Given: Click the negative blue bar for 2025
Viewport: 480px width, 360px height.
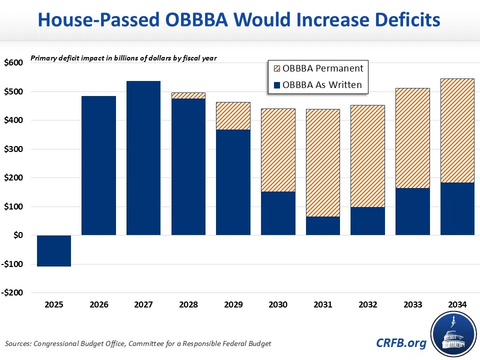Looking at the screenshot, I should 54,250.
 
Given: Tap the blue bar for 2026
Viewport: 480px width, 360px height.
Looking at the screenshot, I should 98,165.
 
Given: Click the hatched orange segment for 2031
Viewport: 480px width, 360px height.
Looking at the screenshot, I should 323,162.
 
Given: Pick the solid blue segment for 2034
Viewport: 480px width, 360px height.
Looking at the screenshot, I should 457,208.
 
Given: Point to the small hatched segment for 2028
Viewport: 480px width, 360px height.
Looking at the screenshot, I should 188,95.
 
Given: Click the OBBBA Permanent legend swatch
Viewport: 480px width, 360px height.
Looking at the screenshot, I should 275,68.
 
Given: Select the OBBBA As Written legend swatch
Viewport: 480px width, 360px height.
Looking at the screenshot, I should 275,84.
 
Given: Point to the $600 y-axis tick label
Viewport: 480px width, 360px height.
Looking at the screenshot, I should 13,63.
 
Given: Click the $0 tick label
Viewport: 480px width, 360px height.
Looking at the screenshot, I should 16,235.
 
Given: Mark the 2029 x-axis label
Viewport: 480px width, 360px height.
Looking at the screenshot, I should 233,304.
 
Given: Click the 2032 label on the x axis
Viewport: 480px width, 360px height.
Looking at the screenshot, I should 367,304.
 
